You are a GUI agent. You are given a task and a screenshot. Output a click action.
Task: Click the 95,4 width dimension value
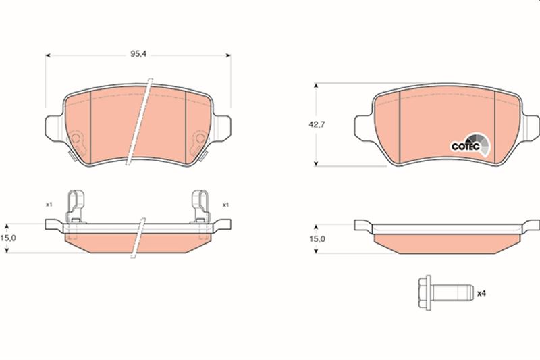(138, 54)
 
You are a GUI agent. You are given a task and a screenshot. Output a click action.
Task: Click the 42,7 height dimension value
(317, 124)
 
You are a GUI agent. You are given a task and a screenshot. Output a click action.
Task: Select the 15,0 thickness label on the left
(8, 238)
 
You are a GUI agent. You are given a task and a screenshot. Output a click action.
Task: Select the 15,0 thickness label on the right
(317, 238)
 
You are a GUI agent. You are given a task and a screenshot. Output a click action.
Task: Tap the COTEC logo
(470, 145)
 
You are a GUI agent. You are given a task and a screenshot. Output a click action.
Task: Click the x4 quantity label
(481, 294)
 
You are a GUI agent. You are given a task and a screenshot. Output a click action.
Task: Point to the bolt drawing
(444, 293)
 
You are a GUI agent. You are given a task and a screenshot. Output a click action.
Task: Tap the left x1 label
(49, 204)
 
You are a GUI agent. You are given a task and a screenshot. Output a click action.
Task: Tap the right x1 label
(225, 205)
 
